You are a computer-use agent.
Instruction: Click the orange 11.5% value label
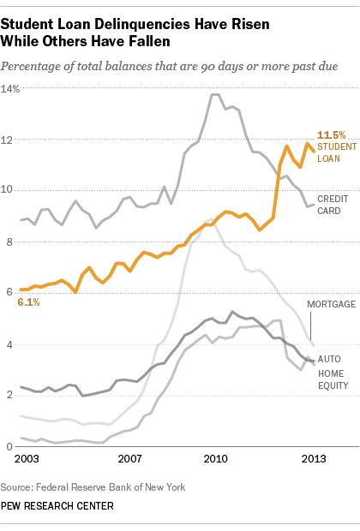pyautogui.click(x=332, y=135)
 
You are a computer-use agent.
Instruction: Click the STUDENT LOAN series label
pyautogui.click(x=332, y=152)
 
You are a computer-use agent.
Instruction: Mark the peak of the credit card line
pyautogui.click(x=215, y=94)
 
